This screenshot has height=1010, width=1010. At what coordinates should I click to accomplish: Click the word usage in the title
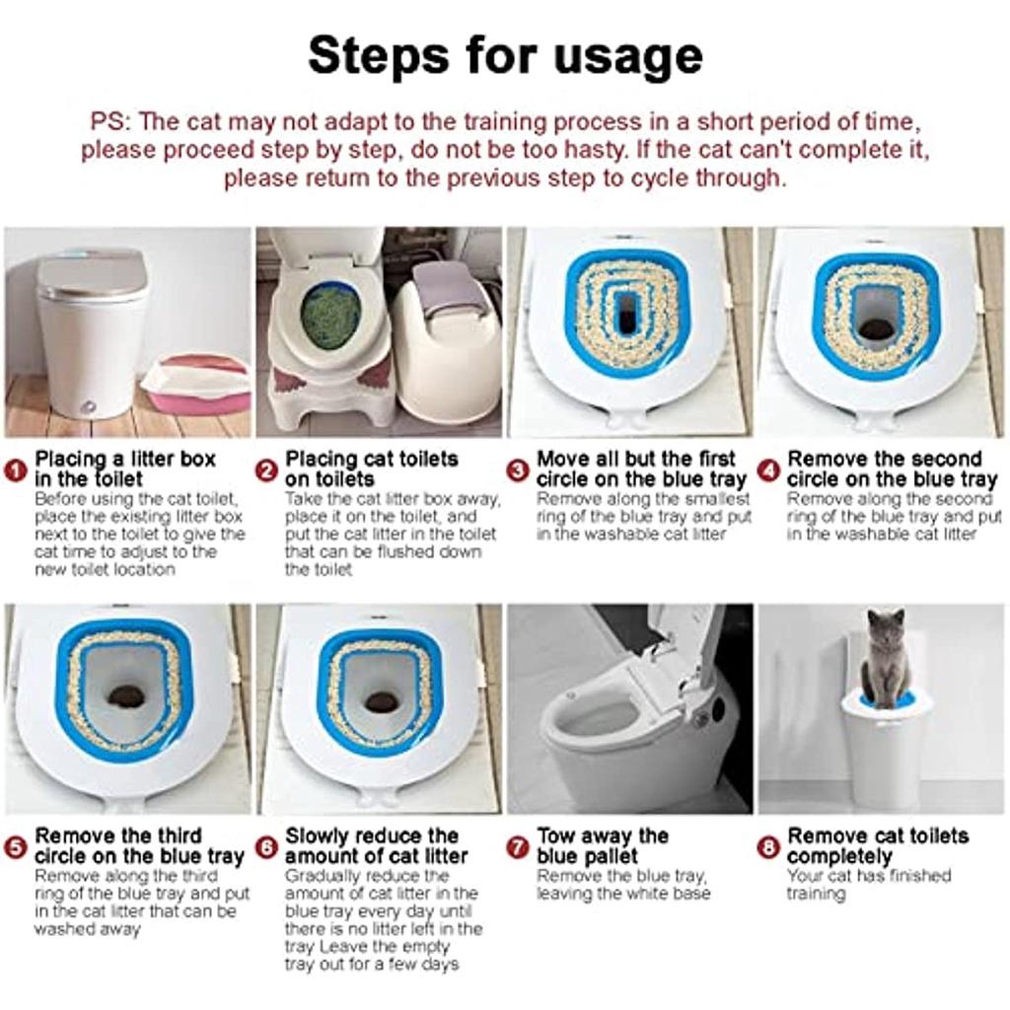[627, 56]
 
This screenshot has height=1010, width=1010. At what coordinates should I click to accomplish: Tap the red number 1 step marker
[16, 470]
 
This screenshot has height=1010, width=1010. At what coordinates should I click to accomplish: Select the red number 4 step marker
[768, 470]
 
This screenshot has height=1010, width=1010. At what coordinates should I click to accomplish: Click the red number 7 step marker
[517, 847]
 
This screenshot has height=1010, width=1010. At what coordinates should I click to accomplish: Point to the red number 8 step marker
[768, 847]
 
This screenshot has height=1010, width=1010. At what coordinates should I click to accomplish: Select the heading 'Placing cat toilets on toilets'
[371, 469]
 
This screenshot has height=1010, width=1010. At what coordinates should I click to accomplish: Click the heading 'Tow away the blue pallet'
[603, 845]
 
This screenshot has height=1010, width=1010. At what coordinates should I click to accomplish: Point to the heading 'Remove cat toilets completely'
[877, 845]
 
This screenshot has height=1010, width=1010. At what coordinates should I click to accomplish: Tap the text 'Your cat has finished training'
[868, 885]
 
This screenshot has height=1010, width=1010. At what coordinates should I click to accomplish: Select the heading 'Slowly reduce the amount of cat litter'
[376, 845]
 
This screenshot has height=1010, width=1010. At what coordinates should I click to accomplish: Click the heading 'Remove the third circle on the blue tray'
[139, 845]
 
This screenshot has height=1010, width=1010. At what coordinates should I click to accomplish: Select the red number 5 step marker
[16, 847]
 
